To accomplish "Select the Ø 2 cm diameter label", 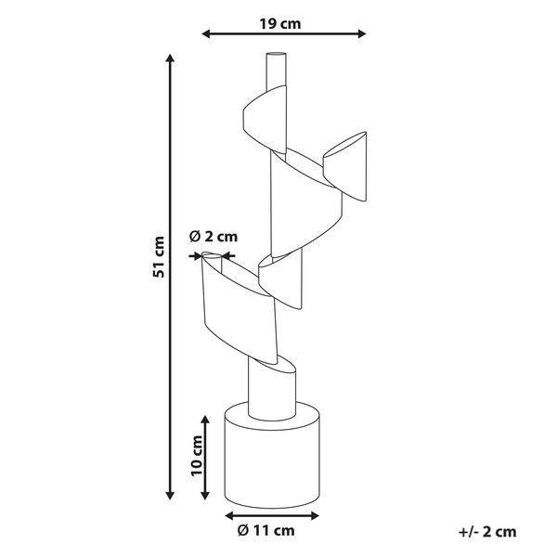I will (x=214, y=236).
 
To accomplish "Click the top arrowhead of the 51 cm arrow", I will (x=171, y=58).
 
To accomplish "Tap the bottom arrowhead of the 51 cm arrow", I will (x=171, y=497).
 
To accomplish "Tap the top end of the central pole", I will (x=276, y=58).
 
